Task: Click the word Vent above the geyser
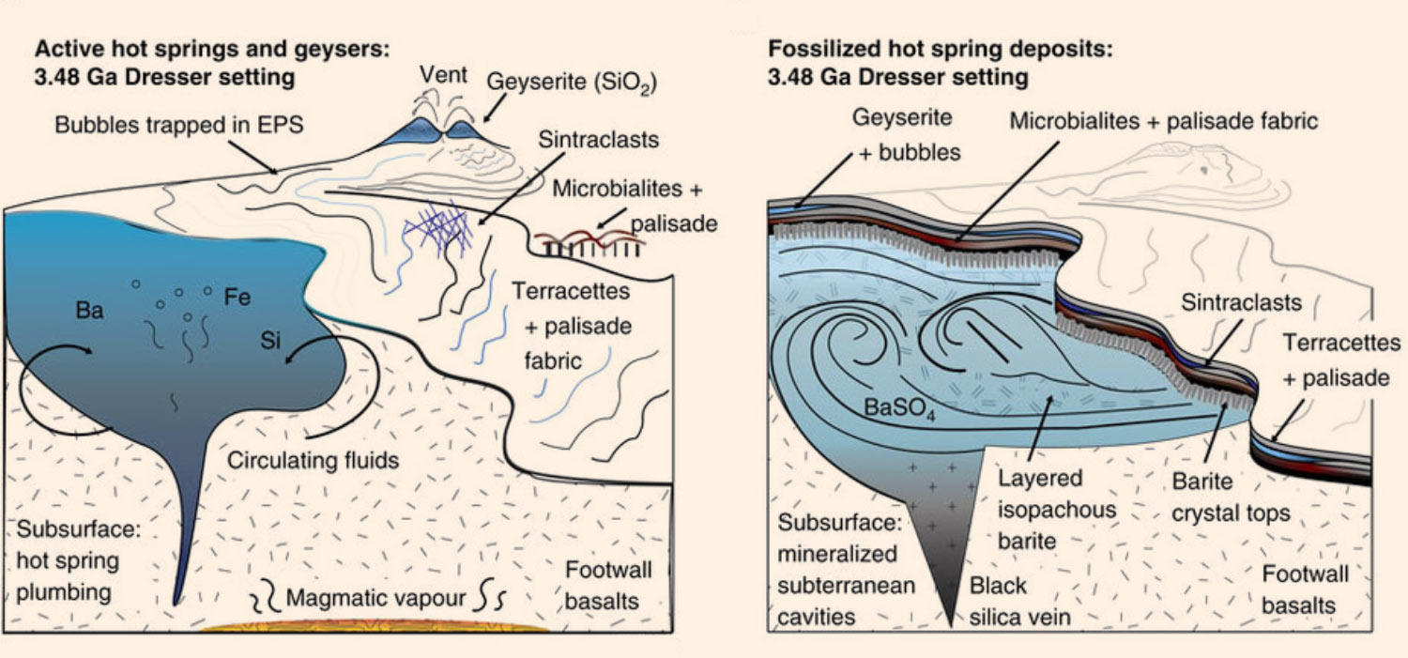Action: [443, 75]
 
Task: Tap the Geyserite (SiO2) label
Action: [572, 83]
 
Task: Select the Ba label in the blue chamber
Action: [89, 310]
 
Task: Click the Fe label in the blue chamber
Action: [237, 297]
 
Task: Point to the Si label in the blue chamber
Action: [270, 340]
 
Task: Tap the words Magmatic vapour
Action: [375, 598]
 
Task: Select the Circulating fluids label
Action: [313, 461]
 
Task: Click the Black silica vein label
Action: [1019, 602]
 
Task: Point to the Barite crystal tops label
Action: [1231, 497]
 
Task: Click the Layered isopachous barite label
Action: [1057, 509]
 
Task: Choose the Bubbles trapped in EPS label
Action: [179, 125]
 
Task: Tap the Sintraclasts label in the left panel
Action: [599, 140]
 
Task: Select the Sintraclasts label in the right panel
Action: [1242, 302]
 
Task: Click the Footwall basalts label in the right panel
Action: [1305, 589]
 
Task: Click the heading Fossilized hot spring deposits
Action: [941, 49]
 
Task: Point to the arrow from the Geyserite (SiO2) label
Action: [495, 108]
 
